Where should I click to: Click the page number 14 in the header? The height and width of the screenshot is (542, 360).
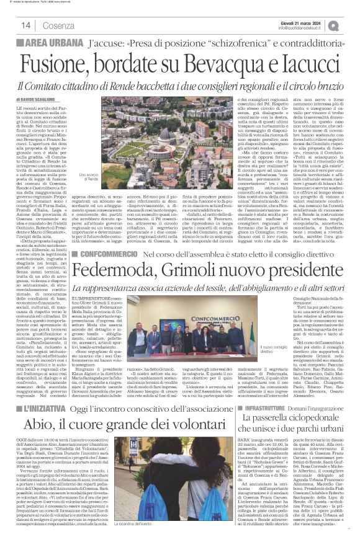click(26, 25)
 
